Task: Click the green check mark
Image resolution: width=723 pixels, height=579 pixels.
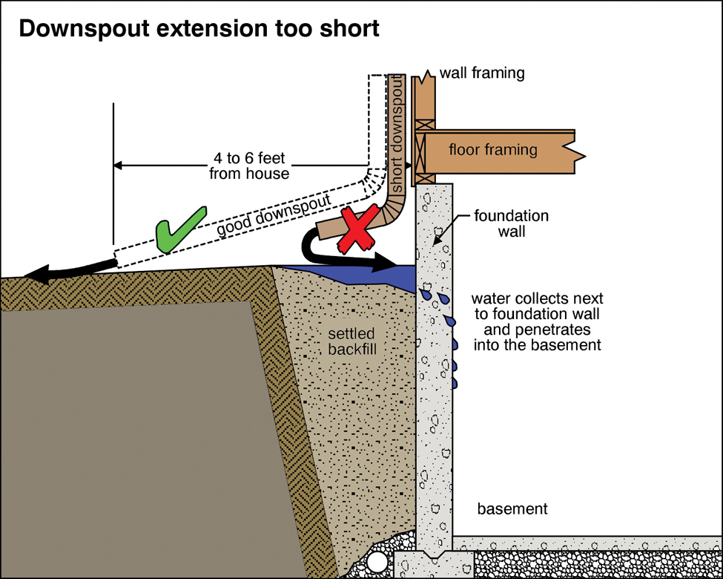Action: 180,231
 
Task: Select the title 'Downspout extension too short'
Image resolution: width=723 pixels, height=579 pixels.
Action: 199,30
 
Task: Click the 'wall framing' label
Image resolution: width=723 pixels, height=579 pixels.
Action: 482,73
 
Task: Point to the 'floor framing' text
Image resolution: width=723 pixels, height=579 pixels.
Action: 493,150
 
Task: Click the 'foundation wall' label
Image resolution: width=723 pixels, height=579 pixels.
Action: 512,223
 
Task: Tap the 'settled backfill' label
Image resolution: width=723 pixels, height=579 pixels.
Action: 351,341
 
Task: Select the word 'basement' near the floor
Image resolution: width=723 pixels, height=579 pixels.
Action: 512,509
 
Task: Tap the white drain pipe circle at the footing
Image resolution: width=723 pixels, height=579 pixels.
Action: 377,561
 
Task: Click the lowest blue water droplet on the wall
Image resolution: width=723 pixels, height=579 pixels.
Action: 454,383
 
